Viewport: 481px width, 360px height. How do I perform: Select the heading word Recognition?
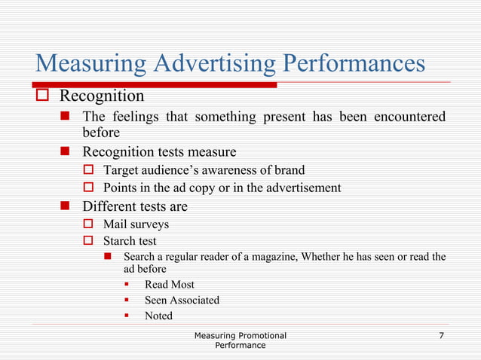click(102, 96)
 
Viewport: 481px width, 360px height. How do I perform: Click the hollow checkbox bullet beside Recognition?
click(44, 96)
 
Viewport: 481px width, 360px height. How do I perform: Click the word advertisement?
click(299, 187)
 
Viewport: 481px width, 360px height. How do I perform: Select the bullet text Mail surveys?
click(136, 224)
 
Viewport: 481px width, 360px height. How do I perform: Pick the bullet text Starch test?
click(130, 241)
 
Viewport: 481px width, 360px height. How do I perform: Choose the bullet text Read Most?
click(169, 285)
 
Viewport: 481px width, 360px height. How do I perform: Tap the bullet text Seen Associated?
click(182, 301)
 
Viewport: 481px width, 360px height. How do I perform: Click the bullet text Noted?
click(158, 316)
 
